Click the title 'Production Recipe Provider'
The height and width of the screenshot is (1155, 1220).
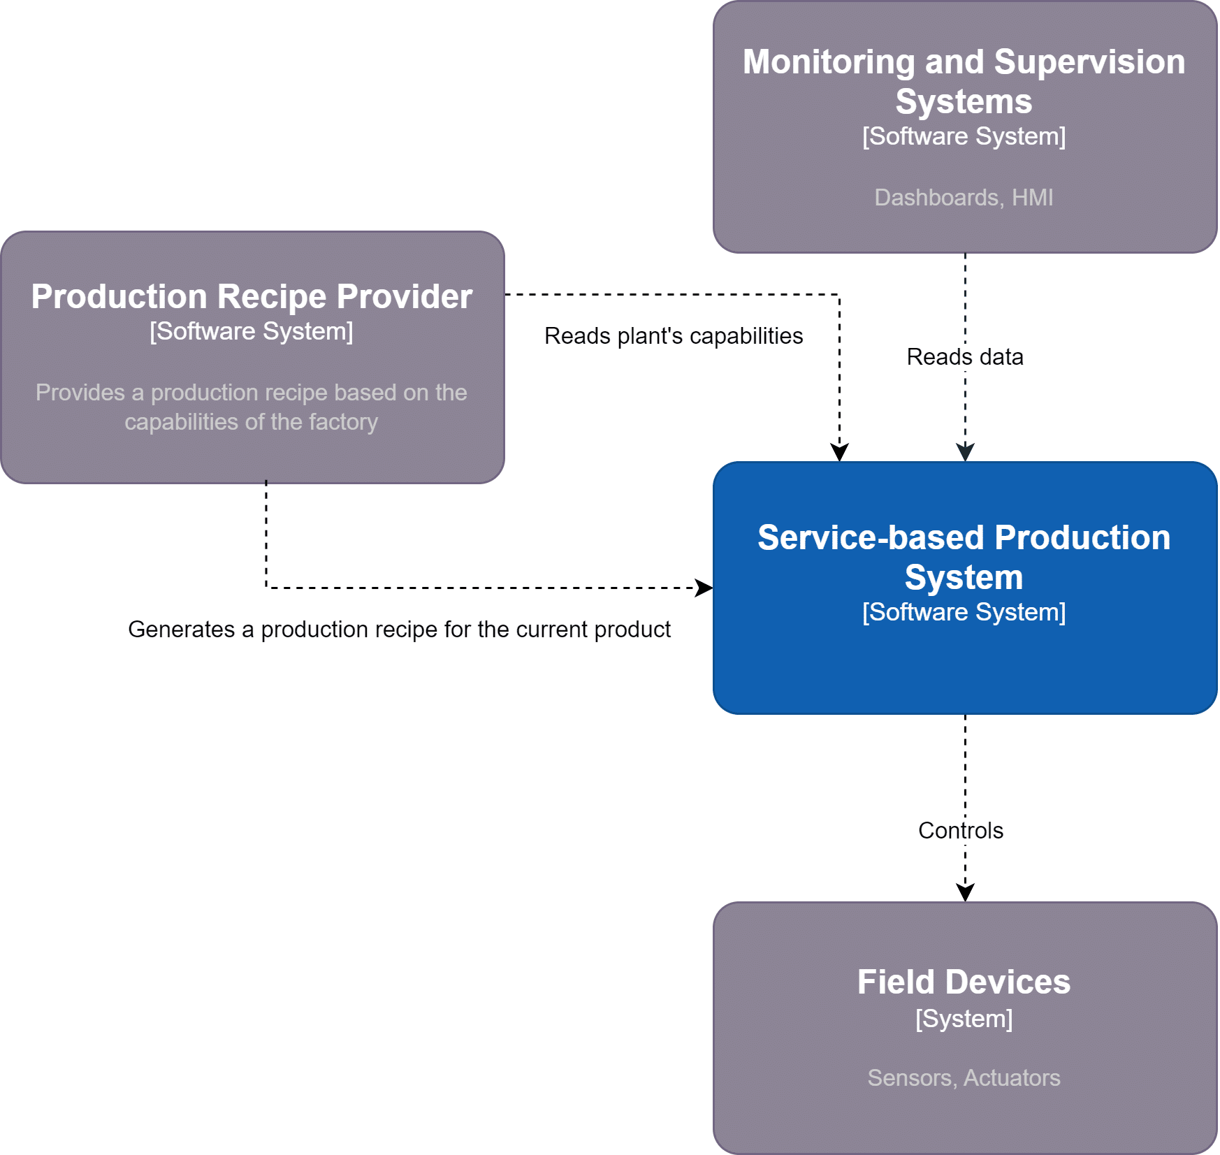pyautogui.click(x=252, y=296)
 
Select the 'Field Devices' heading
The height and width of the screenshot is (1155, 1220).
pyautogui.click(x=964, y=982)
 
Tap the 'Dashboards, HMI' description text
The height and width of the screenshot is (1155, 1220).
pyautogui.click(x=964, y=198)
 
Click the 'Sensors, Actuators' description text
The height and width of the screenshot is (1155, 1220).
pyautogui.click(x=964, y=1077)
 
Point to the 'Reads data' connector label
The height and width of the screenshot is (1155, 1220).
pyautogui.click(x=964, y=357)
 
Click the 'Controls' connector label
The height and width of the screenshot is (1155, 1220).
pyautogui.click(x=960, y=830)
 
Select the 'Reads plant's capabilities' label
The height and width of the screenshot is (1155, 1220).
pyautogui.click(x=674, y=336)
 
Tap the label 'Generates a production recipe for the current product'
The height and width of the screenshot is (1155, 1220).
pyautogui.click(x=399, y=630)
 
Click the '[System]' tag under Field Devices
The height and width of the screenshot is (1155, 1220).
pyautogui.click(x=964, y=1019)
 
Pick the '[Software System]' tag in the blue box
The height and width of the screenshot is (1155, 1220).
pyautogui.click(x=964, y=612)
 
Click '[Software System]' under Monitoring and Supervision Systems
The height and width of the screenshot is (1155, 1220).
pyautogui.click(x=964, y=136)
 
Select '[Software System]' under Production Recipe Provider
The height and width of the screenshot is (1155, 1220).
pyautogui.click(x=252, y=331)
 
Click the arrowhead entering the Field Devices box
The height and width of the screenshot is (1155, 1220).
pyautogui.click(x=965, y=893)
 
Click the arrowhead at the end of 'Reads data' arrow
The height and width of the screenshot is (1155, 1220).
pyautogui.click(x=965, y=453)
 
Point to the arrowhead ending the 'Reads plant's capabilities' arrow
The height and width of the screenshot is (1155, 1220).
pyautogui.click(x=839, y=453)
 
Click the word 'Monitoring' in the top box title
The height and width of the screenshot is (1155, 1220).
pyautogui.click(x=829, y=62)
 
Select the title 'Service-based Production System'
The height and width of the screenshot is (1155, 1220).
pyautogui.click(x=964, y=557)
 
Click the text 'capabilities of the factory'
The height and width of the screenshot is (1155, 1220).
pyautogui.click(x=252, y=422)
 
